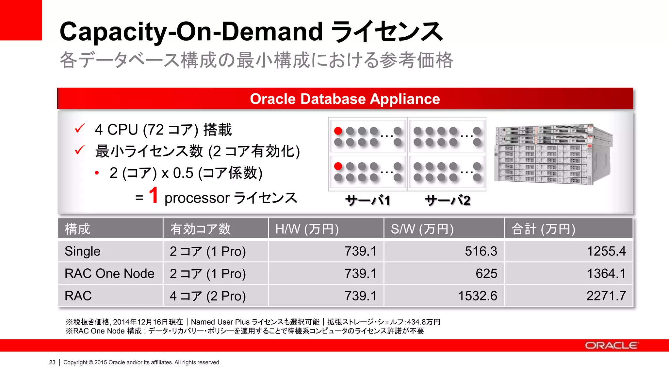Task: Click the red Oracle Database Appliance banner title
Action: tap(345, 99)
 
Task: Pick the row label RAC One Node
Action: tap(109, 274)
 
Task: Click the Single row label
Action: tap(83, 251)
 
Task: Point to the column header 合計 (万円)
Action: tap(543, 229)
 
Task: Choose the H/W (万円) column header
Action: tap(307, 229)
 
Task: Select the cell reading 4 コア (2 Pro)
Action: tap(207, 296)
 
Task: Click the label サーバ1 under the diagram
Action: tap(368, 200)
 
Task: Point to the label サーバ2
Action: tap(448, 200)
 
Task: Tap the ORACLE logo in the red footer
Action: tap(611, 346)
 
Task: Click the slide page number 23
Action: tap(52, 362)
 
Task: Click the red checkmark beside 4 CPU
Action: tap(80, 129)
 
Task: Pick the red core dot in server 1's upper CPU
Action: tap(338, 131)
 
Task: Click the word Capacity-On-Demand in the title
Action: tap(191, 31)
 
